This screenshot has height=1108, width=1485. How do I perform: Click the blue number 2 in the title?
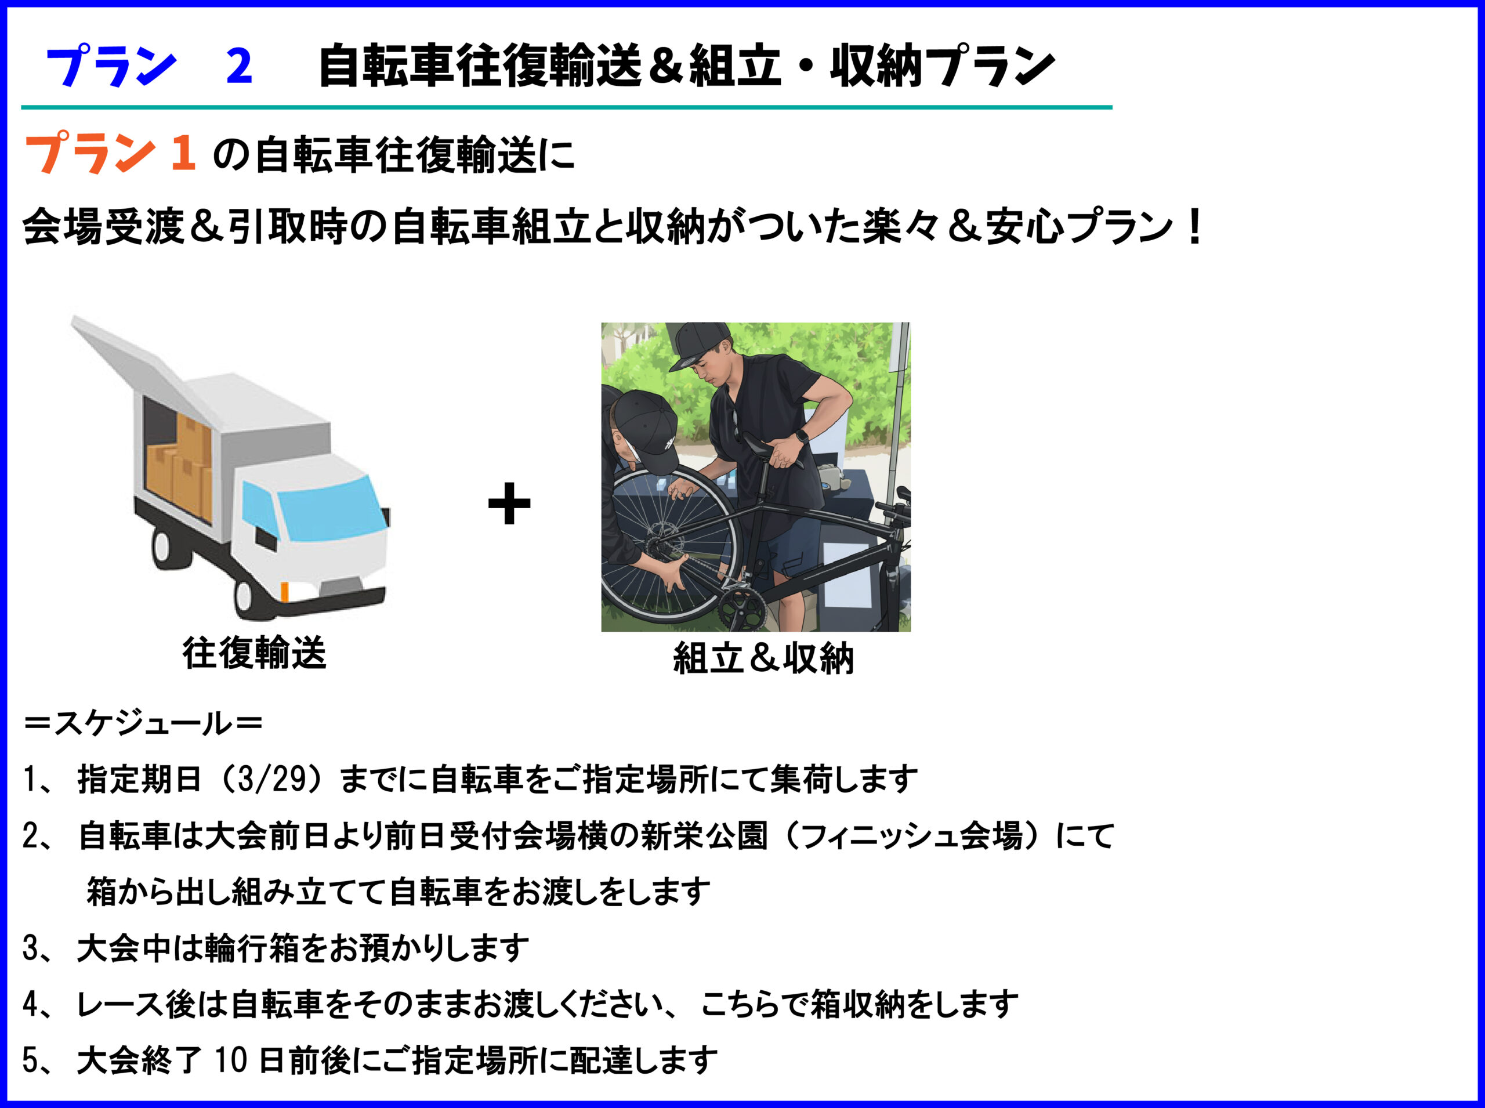click(240, 66)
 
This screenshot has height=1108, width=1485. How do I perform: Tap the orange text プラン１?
click(111, 154)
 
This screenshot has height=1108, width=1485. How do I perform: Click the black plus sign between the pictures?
click(509, 503)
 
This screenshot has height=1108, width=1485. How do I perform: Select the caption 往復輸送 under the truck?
click(254, 653)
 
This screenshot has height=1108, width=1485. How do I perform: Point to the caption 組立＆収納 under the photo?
click(763, 658)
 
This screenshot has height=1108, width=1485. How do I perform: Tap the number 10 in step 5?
click(231, 1060)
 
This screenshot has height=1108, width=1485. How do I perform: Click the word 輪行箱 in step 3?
click(251, 948)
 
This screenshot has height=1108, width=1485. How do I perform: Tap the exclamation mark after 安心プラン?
click(1193, 227)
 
